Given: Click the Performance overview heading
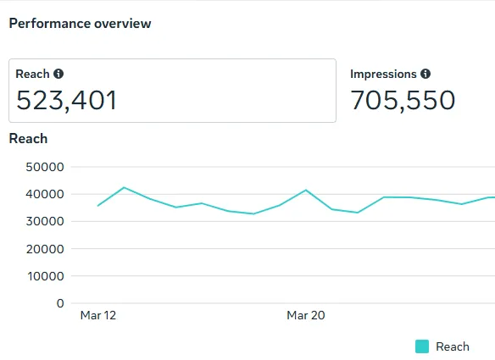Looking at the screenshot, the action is [x=80, y=24].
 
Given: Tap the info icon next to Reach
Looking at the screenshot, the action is [x=58, y=74].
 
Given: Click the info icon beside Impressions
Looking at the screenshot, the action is [x=425, y=74].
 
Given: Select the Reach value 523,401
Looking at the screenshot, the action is [x=66, y=100].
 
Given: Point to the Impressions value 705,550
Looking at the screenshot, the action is [x=403, y=100].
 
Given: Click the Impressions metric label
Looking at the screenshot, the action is [x=383, y=74].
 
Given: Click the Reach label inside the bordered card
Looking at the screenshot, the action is [x=32, y=74].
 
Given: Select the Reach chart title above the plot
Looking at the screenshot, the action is [x=29, y=139].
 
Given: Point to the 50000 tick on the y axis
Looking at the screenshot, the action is [x=45, y=167].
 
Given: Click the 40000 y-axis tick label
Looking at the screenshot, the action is [x=45, y=194].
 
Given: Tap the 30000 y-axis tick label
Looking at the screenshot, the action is [x=45, y=221].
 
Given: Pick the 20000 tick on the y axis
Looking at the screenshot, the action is [x=45, y=249].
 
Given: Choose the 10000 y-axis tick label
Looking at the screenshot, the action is [x=46, y=276].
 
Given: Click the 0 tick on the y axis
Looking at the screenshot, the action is [x=60, y=303].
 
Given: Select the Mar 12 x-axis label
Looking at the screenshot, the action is [x=98, y=315].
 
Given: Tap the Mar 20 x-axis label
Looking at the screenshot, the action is [x=306, y=315].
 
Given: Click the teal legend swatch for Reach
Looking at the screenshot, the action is [x=422, y=346].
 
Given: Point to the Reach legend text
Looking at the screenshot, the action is [x=453, y=346].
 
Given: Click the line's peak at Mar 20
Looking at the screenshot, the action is [x=306, y=190].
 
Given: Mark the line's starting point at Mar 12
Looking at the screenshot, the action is [x=98, y=206].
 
